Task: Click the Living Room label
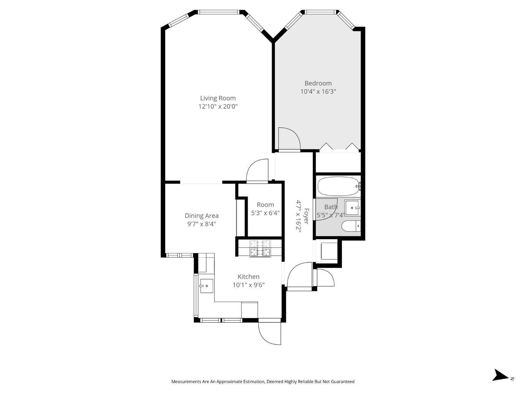coord(218,98)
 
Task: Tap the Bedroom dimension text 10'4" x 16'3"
coord(318,92)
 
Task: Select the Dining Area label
coord(202,216)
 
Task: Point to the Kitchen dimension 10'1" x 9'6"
coord(249,285)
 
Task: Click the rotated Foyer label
coord(306,216)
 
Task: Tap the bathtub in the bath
coord(338,186)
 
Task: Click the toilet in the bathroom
coord(351,226)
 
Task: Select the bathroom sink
coord(352,208)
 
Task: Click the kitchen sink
coord(206,286)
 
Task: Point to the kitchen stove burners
coord(260,248)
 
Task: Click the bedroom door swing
coord(288,139)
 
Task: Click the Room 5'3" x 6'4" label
coord(265,209)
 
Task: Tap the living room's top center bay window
coord(218,12)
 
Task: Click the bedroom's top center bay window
coord(321,12)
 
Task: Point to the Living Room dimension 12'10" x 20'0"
coord(218,106)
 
